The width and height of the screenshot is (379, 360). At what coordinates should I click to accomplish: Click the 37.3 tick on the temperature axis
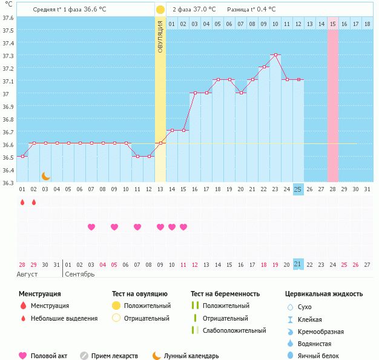click(x=8, y=56)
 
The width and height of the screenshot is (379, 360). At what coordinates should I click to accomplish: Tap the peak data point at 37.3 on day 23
click(x=275, y=54)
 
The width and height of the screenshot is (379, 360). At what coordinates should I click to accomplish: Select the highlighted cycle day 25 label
click(x=298, y=189)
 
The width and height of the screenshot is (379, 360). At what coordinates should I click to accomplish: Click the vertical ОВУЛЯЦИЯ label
click(x=160, y=37)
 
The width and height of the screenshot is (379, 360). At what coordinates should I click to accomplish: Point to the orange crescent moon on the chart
click(x=45, y=176)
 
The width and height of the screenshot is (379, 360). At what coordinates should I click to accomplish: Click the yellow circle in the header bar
click(x=160, y=10)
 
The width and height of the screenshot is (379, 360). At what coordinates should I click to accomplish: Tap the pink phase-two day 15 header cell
click(x=333, y=24)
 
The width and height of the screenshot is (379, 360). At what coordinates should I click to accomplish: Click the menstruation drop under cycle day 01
click(x=22, y=202)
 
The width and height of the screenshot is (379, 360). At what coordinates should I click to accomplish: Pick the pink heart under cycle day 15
click(x=183, y=227)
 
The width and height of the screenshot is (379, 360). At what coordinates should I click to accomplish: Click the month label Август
click(x=27, y=274)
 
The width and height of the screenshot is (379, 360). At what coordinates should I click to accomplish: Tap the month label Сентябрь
click(x=79, y=274)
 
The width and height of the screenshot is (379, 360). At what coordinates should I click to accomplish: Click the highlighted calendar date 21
click(x=298, y=264)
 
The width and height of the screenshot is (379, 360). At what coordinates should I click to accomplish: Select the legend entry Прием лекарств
click(x=114, y=356)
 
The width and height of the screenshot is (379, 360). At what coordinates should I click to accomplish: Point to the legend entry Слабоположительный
click(x=234, y=330)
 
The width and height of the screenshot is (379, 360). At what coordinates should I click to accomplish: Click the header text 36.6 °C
click(x=94, y=10)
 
